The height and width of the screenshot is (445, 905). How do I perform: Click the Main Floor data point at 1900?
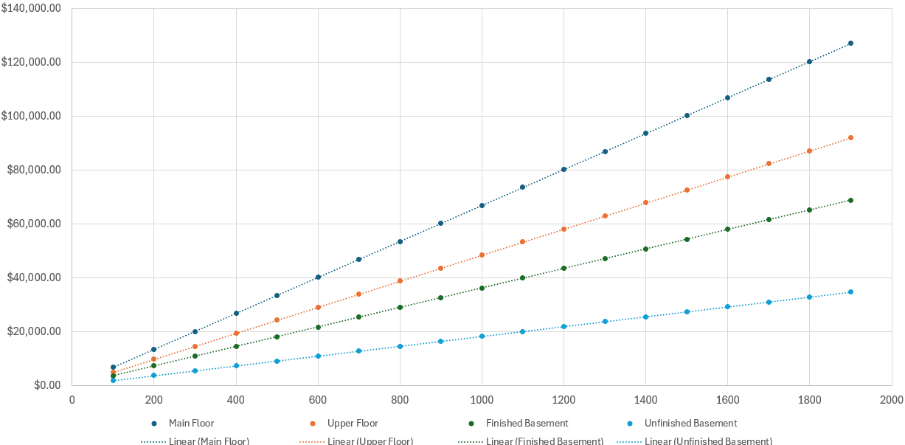coord(850,44)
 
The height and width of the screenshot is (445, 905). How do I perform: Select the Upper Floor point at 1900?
coord(850,138)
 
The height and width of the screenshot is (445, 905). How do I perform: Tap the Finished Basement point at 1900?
coord(850,201)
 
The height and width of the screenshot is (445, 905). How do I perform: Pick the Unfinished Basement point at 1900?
coord(850,292)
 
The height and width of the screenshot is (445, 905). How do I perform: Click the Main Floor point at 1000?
coord(482,205)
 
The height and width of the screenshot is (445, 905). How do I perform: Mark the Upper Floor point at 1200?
coord(564,230)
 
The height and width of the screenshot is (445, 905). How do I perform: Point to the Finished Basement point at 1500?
coord(687,239)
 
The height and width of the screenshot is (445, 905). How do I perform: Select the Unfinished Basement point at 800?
coord(400,346)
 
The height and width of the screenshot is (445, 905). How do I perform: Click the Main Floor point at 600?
coord(318,277)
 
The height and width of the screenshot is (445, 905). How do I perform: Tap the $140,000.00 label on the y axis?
coord(32,9)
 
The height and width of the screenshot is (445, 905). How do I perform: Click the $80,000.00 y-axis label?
coord(34,170)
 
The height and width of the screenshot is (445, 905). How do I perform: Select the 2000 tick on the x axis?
coord(891,401)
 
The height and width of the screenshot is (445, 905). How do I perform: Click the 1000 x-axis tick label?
coord(482,401)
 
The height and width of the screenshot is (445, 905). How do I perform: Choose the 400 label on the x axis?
coord(236,401)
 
